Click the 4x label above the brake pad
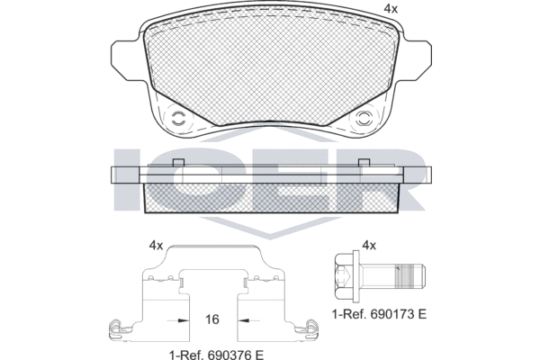[391, 9]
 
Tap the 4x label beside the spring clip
[156, 246]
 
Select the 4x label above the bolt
[369, 246]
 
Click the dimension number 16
[212, 319]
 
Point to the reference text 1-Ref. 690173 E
[379, 314]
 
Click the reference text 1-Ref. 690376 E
[216, 355]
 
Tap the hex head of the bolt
[346, 275]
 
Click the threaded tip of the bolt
[410, 275]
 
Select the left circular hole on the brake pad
[178, 119]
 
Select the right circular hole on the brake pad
[363, 119]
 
